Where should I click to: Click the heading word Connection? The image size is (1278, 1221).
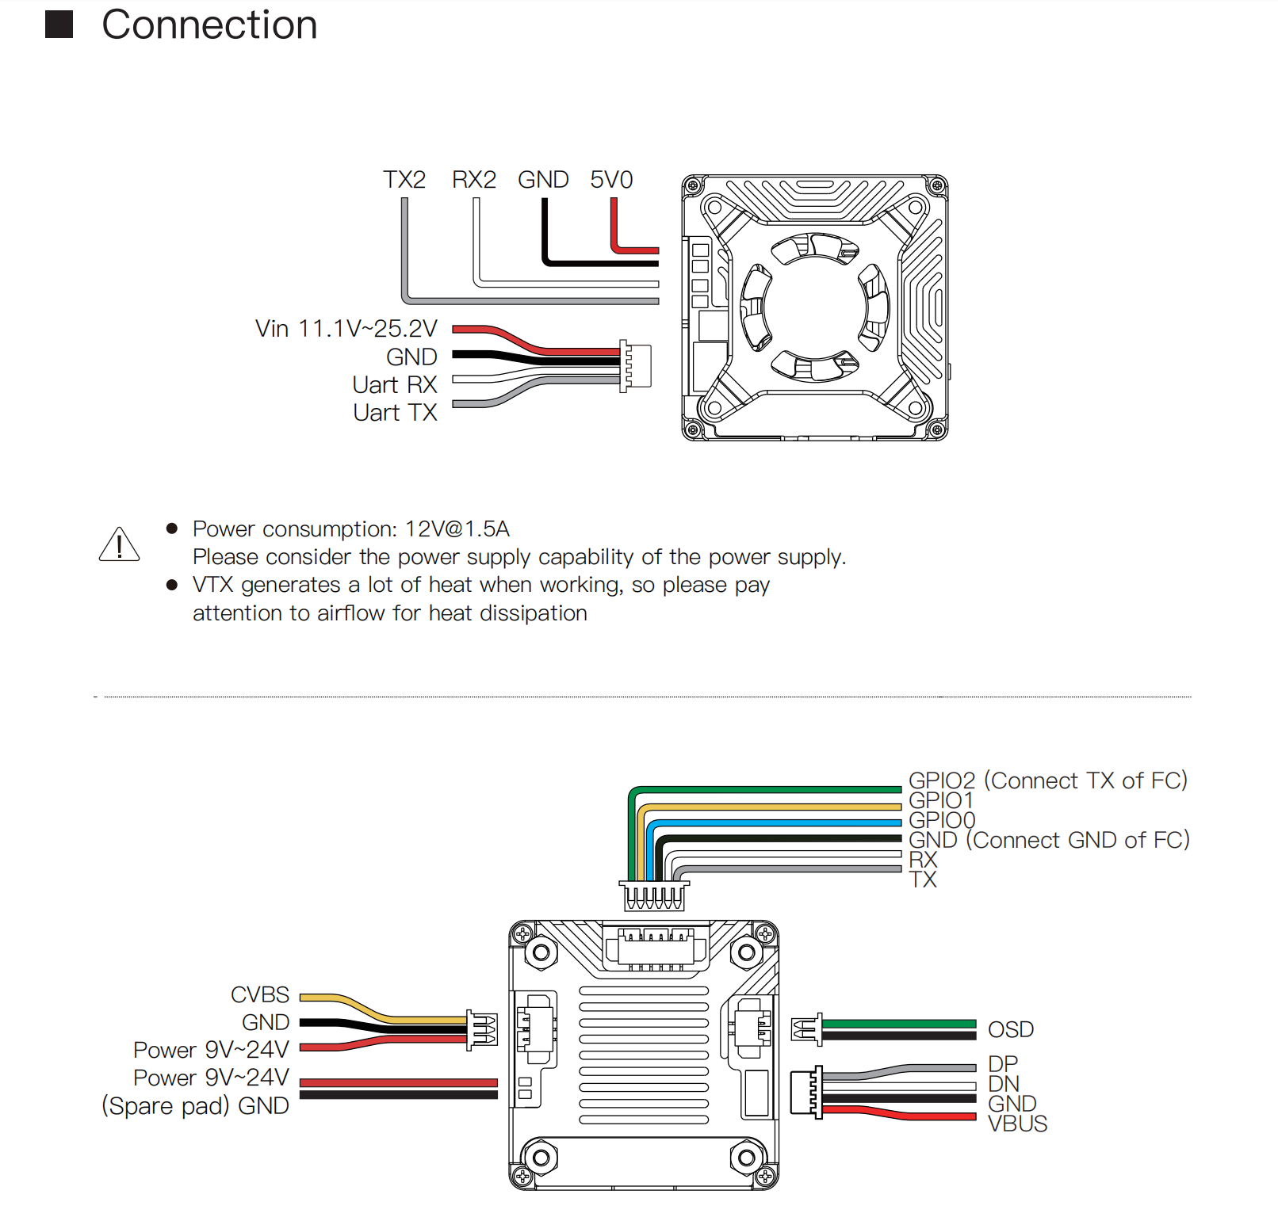coord(209,25)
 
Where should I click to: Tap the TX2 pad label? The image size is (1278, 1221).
coord(404,180)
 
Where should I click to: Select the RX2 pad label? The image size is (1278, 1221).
coord(474,180)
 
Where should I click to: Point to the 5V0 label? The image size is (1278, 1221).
coord(611,180)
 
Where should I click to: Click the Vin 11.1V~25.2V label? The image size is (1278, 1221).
coord(346,329)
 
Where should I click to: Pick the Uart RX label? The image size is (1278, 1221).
coord(395,385)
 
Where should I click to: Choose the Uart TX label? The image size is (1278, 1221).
coord(395,413)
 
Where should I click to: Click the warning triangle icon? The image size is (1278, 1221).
coord(119,544)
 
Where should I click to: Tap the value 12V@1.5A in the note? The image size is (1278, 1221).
coord(457,529)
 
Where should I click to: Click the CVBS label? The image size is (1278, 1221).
coord(260,995)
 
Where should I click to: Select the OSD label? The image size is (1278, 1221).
coord(1011,1030)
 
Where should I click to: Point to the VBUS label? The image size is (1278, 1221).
coord(1018,1124)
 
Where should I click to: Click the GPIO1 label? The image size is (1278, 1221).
coord(941,800)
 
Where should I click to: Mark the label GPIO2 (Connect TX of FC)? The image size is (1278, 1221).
coord(1048,780)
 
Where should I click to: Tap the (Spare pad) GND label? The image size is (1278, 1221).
coord(195,1106)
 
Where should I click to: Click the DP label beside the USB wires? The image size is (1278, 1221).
coord(1003,1064)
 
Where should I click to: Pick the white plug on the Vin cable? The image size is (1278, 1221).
coord(635,366)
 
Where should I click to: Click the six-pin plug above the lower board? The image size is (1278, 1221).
coord(654,895)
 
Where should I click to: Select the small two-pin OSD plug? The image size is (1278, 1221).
coord(807,1029)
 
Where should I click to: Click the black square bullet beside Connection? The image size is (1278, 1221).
coord(59,25)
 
